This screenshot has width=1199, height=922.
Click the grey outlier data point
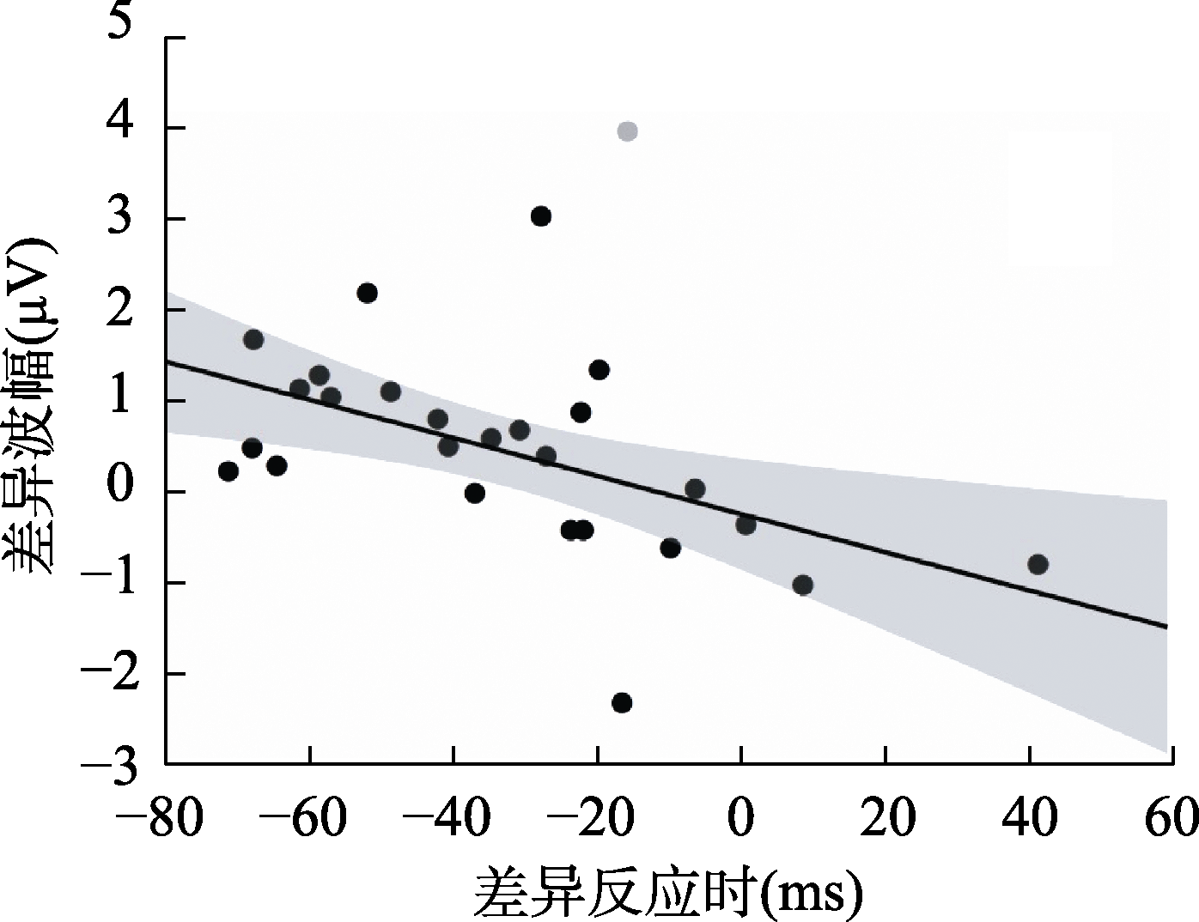tap(627, 131)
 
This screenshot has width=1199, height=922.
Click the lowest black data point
tap(622, 702)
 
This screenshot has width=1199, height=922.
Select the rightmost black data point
tap(1038, 564)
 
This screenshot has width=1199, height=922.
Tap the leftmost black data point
tap(228, 471)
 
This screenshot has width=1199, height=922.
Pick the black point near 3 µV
tap(540, 216)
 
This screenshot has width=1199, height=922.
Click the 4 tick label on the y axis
tap(120, 128)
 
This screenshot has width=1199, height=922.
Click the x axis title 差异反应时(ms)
tap(668, 893)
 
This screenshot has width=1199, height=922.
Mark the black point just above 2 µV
tap(367, 293)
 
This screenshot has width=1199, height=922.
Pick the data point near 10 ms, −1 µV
tap(803, 585)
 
